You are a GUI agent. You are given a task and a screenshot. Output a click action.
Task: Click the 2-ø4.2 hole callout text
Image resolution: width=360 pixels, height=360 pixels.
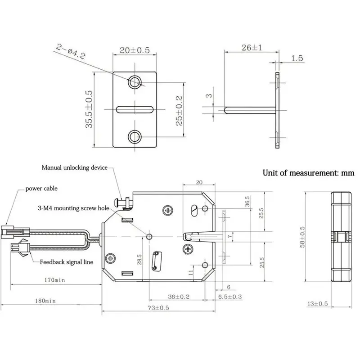point(71,51)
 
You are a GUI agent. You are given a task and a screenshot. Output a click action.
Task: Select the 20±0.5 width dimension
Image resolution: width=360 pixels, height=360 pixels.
point(135,50)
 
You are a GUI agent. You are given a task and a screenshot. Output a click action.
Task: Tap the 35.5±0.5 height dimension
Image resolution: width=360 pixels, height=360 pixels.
point(89,109)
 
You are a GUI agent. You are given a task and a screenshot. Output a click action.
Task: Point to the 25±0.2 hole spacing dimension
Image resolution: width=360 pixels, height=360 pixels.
point(179,111)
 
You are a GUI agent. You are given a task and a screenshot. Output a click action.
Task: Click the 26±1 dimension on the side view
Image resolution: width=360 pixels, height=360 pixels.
point(252,48)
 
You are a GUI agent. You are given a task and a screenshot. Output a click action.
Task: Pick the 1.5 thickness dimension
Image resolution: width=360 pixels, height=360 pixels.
point(297,58)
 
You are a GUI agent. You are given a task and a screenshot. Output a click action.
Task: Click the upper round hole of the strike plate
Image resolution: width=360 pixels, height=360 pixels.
point(135,82)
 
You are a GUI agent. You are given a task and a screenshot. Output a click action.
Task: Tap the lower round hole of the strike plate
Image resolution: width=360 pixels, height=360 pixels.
point(135,137)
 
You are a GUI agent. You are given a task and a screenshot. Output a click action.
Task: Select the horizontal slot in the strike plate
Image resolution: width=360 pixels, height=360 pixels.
point(135,109)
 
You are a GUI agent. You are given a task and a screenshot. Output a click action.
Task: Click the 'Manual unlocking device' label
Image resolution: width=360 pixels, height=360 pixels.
point(75,167)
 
